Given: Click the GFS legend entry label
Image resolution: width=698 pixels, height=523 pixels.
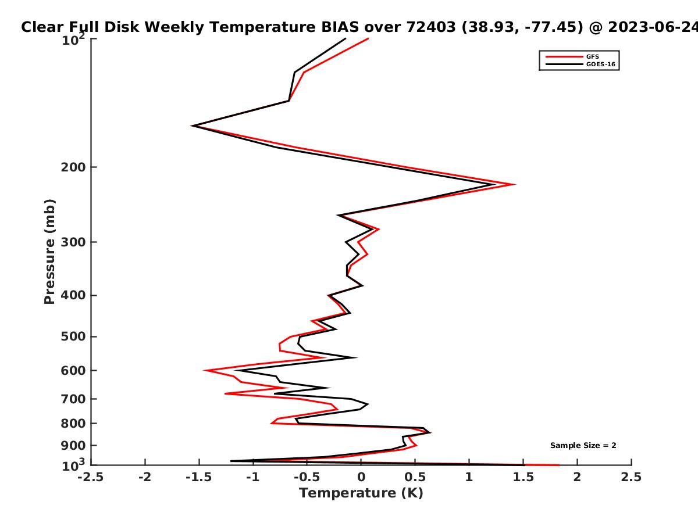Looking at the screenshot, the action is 592,56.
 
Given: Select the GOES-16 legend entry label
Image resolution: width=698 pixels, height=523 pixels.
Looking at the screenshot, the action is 601,64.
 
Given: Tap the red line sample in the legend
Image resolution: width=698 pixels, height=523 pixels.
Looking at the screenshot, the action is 564,56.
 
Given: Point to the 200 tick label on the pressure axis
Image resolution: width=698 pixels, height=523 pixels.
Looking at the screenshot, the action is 73,167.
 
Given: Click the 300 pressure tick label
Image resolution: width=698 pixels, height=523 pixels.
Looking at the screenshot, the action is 73,242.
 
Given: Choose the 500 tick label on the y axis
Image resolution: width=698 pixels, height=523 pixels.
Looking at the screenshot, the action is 73,336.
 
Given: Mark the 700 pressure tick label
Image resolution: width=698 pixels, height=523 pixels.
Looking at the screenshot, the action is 73,399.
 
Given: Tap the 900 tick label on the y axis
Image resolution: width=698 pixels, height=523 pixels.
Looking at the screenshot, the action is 73,446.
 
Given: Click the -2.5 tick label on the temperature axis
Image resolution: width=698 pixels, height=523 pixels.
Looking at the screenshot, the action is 91,477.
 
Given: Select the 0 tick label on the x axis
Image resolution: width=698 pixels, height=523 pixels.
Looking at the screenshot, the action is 361,477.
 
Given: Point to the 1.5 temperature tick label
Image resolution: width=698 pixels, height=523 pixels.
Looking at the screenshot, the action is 523,477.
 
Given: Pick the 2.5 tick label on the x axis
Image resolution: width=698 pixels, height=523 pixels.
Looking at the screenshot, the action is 631,477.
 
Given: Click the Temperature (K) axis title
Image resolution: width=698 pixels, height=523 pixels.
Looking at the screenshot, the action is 361,493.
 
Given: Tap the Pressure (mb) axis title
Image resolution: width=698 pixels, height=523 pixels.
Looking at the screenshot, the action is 49,252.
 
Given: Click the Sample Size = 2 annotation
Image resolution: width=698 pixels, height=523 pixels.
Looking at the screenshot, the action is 583,446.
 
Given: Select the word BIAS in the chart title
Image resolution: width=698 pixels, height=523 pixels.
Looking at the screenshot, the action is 340,27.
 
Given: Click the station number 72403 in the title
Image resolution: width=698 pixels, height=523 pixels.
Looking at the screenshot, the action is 431,27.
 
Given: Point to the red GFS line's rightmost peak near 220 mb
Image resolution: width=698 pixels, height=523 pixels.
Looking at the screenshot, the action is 514,184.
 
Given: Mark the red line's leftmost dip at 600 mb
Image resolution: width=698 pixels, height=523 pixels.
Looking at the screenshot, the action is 205,370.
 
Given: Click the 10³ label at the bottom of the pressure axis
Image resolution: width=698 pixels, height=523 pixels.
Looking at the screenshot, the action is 73,464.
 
